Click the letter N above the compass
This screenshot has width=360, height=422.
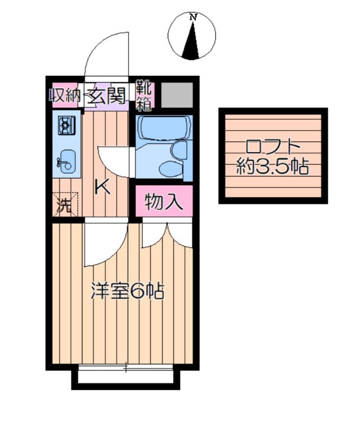pyautogui.click(x=193, y=17)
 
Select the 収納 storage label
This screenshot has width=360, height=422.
pyautogui.click(x=65, y=97)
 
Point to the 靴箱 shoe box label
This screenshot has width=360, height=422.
pyautogui.click(x=144, y=95)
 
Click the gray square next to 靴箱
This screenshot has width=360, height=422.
pyautogui.click(x=177, y=95)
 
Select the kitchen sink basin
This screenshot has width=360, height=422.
pyautogui.click(x=66, y=161)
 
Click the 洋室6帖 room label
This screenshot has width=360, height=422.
pyautogui.click(x=127, y=291)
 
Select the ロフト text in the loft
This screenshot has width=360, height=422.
pyautogui.click(x=273, y=145)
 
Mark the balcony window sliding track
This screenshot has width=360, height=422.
pyautogui.click(x=126, y=367)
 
